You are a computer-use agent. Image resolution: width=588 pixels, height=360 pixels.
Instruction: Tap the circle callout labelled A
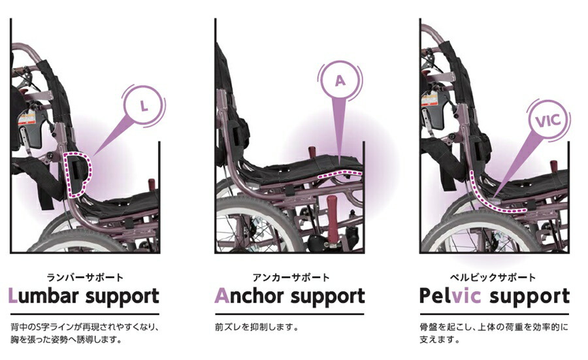pyautogui.click(x=339, y=81)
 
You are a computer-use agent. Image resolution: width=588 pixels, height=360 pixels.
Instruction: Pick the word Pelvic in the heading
pyautogui.click(x=450, y=296)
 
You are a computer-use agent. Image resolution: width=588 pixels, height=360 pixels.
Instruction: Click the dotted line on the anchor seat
pyautogui.click(x=339, y=174)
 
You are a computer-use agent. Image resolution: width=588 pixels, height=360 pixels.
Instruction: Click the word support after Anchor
pyautogui.click(x=327, y=296)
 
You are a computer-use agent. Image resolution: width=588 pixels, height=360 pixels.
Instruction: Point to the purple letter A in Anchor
pyautogui.click(x=221, y=296)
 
